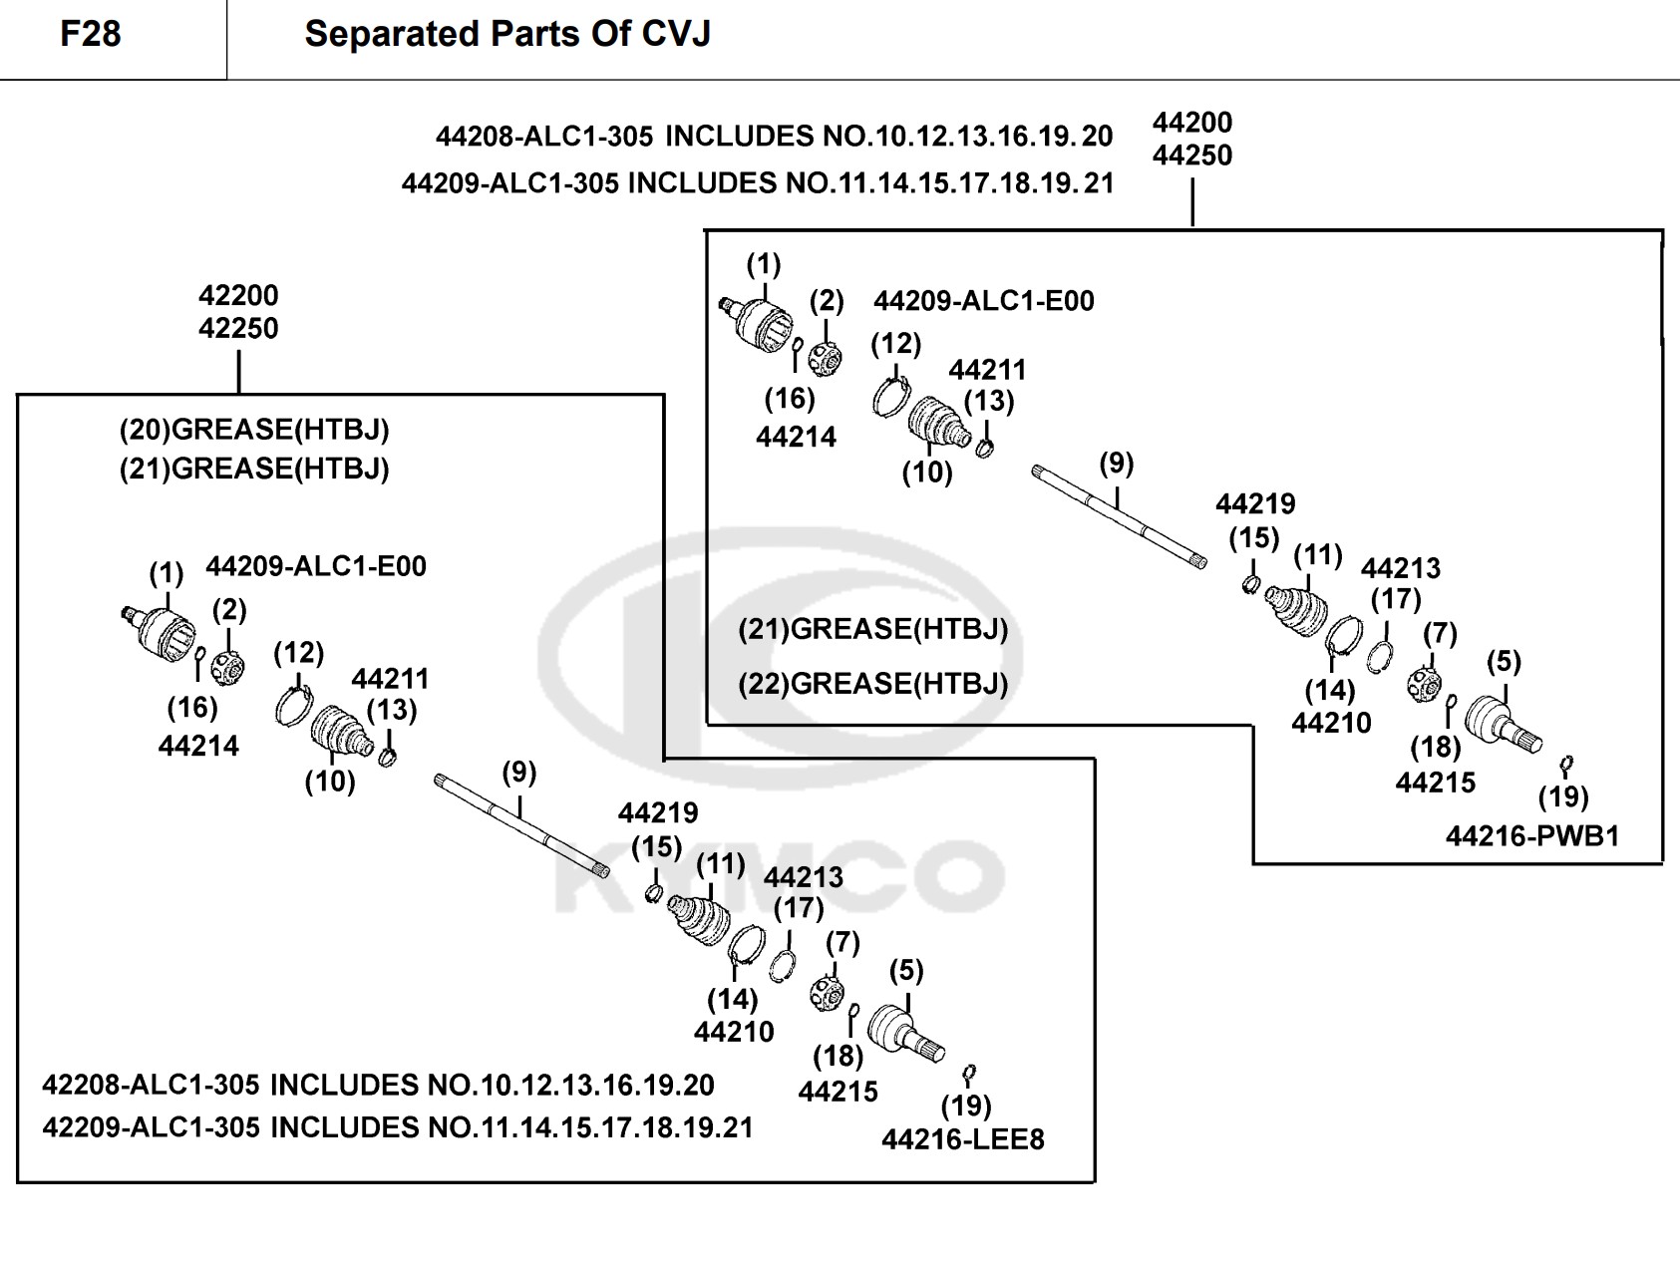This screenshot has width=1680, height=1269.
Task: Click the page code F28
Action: (x=91, y=34)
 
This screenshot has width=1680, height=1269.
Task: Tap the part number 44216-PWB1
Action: (x=1532, y=836)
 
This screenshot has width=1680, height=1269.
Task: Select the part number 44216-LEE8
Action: (x=962, y=1139)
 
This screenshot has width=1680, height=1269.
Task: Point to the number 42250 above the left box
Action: (x=238, y=328)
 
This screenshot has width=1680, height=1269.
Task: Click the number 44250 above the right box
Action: (x=1192, y=156)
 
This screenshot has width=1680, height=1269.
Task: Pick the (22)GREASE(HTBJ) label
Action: (x=873, y=684)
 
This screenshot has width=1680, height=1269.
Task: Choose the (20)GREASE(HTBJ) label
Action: (x=254, y=430)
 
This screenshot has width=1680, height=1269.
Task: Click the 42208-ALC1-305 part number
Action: (x=151, y=1085)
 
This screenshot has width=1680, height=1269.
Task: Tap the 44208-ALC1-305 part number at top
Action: (x=544, y=137)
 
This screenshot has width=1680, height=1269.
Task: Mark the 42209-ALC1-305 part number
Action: (x=151, y=1127)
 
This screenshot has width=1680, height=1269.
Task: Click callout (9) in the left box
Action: (x=518, y=773)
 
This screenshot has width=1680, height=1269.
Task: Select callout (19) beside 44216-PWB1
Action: (x=1563, y=796)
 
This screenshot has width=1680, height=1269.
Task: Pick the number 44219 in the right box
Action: (x=1255, y=504)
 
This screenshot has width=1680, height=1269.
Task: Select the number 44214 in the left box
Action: (x=198, y=746)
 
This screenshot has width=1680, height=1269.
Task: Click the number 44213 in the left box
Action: (x=803, y=877)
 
